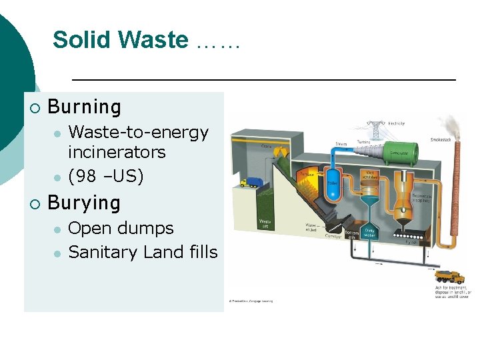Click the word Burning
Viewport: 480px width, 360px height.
coord(85,107)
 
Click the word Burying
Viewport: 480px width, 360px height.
coord(84,203)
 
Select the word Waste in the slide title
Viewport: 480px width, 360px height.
coord(156,40)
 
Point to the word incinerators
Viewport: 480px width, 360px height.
coord(117,152)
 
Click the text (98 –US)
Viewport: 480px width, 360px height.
coord(106,177)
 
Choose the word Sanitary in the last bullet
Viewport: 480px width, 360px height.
coord(101,252)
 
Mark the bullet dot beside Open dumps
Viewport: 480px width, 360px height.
coord(58,229)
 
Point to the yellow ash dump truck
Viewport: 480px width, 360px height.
coord(448,277)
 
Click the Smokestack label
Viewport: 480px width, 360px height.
coord(441,140)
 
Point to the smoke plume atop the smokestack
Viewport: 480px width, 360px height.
coord(454,124)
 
